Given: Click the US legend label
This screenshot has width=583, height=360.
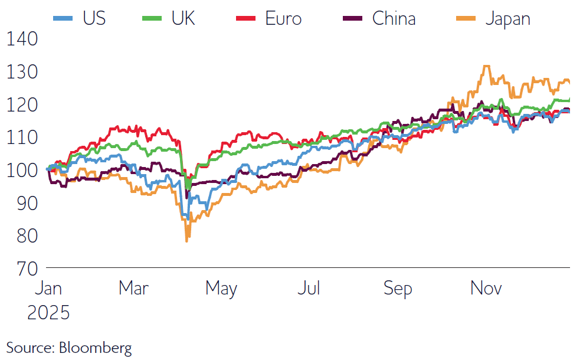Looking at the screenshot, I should point(94,18).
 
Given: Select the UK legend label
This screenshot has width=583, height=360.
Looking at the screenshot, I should point(183,18).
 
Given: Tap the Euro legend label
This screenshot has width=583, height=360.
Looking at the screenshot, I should point(283,18).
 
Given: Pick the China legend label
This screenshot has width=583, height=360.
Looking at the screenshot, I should point(394,18).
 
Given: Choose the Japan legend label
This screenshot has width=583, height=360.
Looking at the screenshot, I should point(507,18).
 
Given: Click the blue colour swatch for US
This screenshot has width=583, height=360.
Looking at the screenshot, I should point(63,18).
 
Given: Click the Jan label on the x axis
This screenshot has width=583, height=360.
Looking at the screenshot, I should point(48,289).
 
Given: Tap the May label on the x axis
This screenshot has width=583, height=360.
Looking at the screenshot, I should point(221,289).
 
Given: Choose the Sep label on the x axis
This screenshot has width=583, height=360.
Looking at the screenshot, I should point(398,289).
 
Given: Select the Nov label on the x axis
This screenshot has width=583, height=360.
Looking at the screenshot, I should point(486,289).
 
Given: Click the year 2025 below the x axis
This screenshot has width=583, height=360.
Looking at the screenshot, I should point(48,312).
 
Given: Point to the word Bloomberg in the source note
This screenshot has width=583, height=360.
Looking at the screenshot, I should point(95,347).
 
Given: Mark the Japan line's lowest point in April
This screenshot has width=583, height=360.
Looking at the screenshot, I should point(187,241).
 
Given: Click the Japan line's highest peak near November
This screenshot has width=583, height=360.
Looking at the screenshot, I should point(486,66).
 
